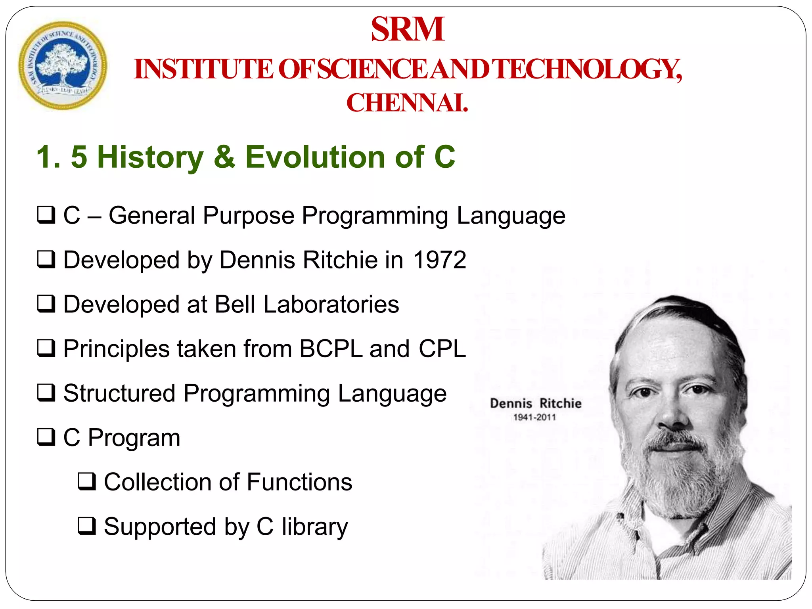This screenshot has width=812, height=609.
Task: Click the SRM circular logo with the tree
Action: coord(63,65)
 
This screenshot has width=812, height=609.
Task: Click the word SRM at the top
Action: coord(407,29)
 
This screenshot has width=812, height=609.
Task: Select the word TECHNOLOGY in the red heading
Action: coord(588,69)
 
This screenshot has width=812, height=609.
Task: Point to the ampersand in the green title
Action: coord(224,157)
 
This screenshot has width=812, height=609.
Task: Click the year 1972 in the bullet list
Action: coord(439,260)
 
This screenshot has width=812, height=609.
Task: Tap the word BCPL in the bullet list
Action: coord(331,349)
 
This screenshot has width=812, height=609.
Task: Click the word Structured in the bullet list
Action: coord(119,393)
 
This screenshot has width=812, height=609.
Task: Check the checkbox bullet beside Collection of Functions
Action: coord(86,481)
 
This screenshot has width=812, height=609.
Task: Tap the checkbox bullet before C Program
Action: coord(46,437)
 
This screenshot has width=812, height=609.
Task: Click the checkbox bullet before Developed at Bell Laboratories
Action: coord(46,304)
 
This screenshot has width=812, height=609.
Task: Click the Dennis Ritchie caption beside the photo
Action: coord(535,404)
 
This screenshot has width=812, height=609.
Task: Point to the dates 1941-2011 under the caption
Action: coord(534,417)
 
